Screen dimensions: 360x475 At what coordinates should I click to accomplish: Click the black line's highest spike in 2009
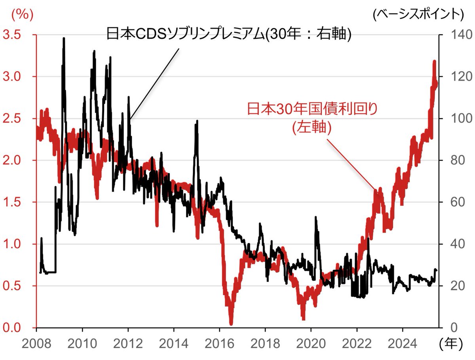point(64,38)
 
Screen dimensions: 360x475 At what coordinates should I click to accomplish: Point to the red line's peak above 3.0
point(435,62)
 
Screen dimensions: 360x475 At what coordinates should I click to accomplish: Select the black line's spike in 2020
point(316,217)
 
